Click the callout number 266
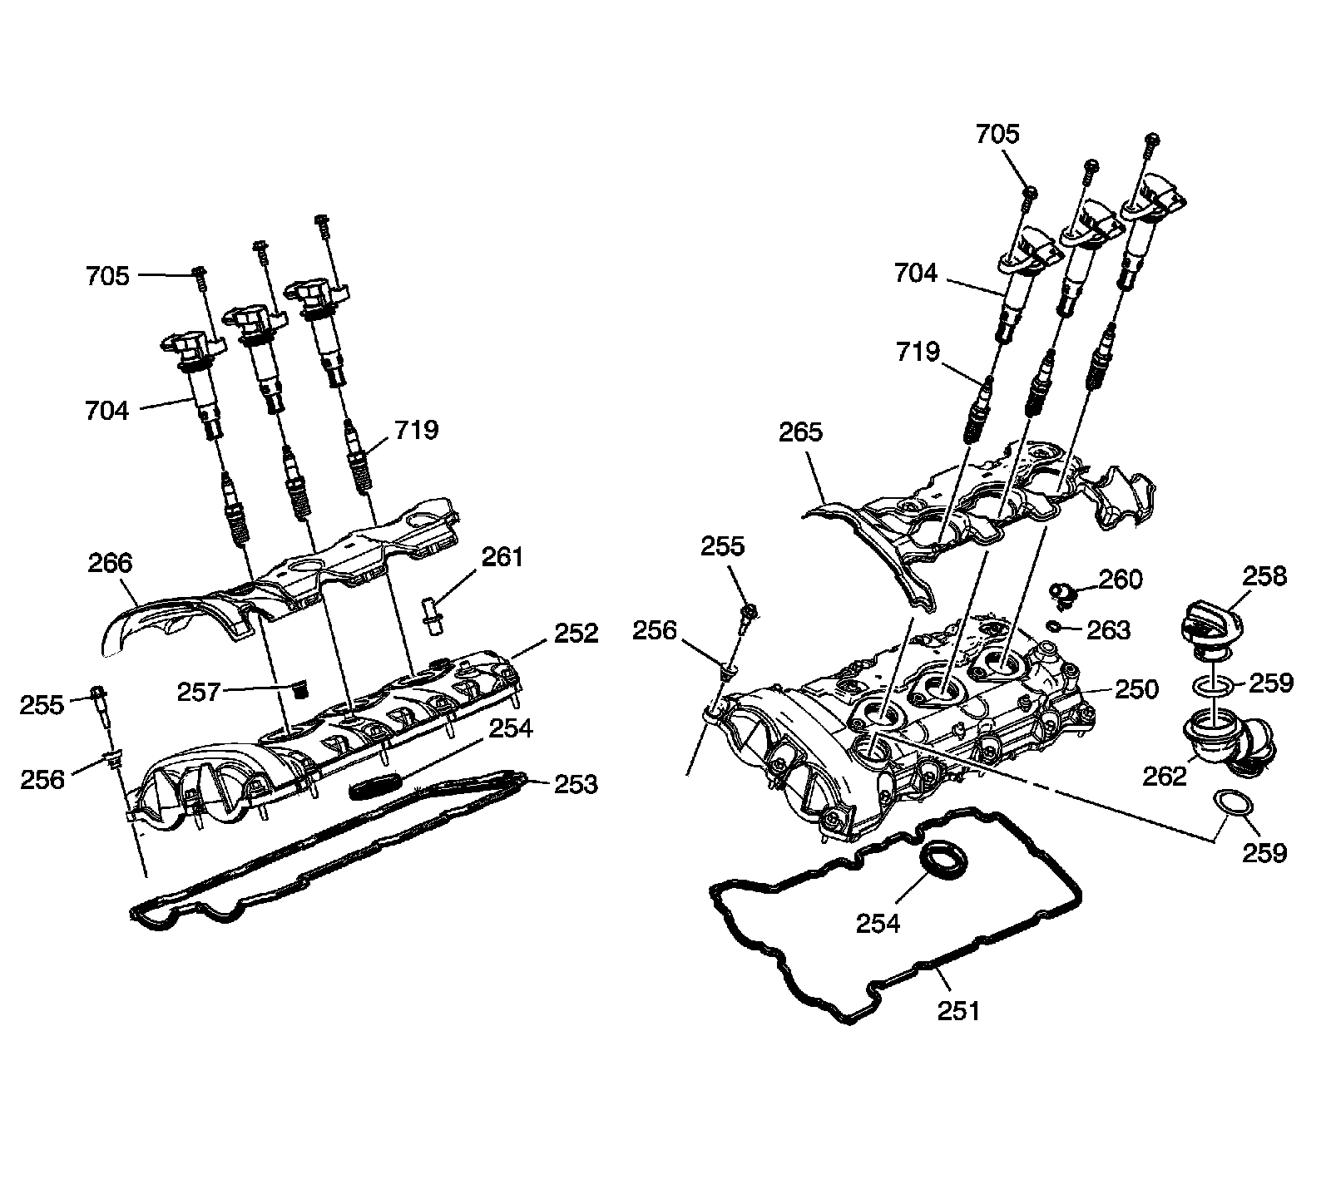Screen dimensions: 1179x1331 click(110, 564)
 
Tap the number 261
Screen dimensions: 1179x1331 click(502, 557)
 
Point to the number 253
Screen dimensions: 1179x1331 click(576, 784)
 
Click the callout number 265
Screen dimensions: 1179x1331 click(800, 432)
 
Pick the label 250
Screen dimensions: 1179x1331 click(1136, 689)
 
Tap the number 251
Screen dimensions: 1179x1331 click(958, 1010)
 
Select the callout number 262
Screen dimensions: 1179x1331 click(1165, 776)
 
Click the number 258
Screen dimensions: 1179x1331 click(1264, 576)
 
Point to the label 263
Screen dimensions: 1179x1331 click(1108, 630)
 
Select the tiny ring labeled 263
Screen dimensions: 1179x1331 click(1053, 625)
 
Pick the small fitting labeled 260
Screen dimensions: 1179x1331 click(1062, 591)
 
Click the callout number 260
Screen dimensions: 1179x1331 click(1121, 579)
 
